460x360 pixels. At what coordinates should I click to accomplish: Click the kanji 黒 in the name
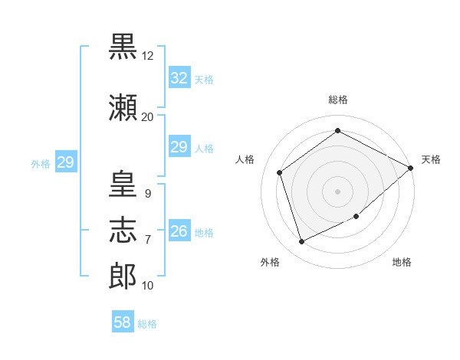click(x=123, y=46)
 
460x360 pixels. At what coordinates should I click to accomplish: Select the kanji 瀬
click(x=123, y=107)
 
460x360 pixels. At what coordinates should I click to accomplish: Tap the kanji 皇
click(x=123, y=184)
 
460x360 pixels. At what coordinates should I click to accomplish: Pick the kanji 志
click(x=123, y=230)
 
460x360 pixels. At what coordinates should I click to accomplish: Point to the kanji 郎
click(x=123, y=276)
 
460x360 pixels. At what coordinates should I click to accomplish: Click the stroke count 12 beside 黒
click(x=147, y=56)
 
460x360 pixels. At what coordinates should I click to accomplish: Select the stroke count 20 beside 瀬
click(x=147, y=117)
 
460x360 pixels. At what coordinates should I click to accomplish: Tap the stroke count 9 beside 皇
click(x=148, y=194)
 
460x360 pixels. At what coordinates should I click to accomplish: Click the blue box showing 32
click(x=179, y=77)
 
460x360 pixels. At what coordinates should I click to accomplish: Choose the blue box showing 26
click(x=179, y=230)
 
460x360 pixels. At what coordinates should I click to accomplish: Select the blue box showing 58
click(x=123, y=321)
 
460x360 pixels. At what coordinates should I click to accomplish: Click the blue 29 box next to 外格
click(x=66, y=162)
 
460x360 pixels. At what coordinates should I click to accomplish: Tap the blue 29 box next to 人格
click(x=179, y=146)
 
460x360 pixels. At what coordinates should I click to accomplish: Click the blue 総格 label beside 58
click(x=147, y=324)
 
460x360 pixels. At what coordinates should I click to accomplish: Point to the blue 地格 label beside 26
click(x=204, y=233)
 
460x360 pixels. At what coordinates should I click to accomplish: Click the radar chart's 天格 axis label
click(x=431, y=159)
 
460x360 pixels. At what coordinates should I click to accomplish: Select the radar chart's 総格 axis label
click(x=338, y=100)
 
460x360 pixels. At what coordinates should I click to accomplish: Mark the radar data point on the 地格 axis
click(x=356, y=216)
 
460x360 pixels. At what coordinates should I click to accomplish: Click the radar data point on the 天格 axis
click(x=410, y=168)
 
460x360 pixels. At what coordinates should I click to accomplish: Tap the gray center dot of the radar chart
click(x=337, y=191)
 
